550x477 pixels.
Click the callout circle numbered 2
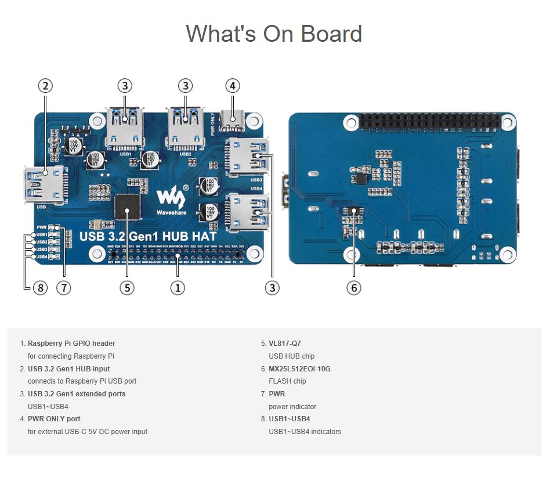[x=45, y=86]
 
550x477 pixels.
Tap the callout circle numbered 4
[x=232, y=86]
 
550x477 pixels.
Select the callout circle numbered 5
[x=127, y=287]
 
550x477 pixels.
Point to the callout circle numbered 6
[x=353, y=287]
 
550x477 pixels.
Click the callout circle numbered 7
[x=63, y=287]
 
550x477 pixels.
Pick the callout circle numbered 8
[x=39, y=287]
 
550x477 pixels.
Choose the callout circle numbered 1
[x=178, y=287]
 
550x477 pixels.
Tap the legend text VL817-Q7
[x=285, y=344]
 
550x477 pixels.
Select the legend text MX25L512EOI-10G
[x=299, y=369]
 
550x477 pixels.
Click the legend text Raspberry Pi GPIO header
[x=71, y=344]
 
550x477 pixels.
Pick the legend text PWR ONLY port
[x=54, y=419]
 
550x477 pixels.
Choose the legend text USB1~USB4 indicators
[x=305, y=432]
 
